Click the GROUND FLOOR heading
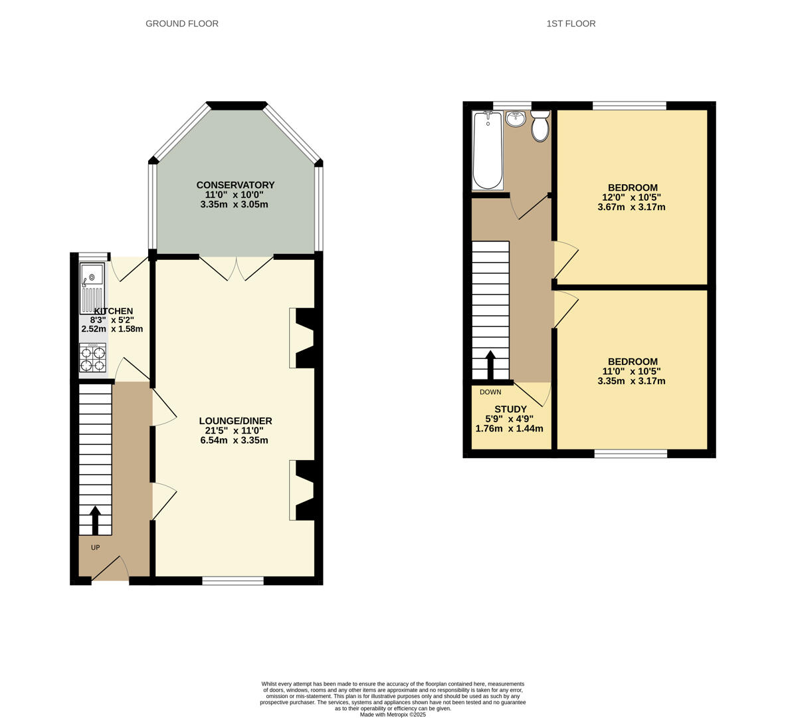coord(182,23)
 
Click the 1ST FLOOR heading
coord(571,23)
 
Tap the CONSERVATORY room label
coord(236,185)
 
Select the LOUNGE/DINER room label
coord(236,421)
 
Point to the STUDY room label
coord(511,410)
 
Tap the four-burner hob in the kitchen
coord(93,358)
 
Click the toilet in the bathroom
coord(540,126)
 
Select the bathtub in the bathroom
coord(488,150)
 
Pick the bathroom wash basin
coord(516,119)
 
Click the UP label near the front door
coord(95,547)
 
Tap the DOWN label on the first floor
coord(490,392)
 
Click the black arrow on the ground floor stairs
coord(95,521)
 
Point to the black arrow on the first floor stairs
coord(490,365)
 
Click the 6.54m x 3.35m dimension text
coord(234,441)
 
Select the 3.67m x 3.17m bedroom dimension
coord(632,207)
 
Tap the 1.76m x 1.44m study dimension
coord(510,429)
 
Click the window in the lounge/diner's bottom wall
coord(233,580)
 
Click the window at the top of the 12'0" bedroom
coord(630,105)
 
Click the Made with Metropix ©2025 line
coord(393,715)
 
